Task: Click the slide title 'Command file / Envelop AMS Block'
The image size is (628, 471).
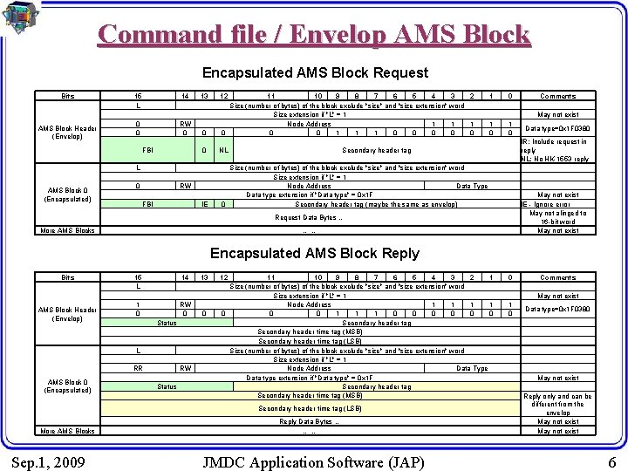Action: point(314,34)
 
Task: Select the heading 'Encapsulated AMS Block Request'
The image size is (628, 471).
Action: point(315,73)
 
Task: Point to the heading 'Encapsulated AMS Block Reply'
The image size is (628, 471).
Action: point(315,254)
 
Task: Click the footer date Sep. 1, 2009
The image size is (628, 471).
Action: point(49,460)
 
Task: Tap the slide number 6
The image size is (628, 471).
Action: point(611,460)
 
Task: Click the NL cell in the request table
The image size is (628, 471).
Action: point(223,150)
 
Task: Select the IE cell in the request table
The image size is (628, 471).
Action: point(204,204)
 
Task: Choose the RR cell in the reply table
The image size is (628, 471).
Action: point(139,368)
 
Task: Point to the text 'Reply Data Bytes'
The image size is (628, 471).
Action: point(308,421)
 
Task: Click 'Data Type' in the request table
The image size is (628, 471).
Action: point(472,186)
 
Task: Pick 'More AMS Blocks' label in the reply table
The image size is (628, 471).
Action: point(67,431)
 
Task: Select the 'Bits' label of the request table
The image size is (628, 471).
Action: point(67,96)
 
